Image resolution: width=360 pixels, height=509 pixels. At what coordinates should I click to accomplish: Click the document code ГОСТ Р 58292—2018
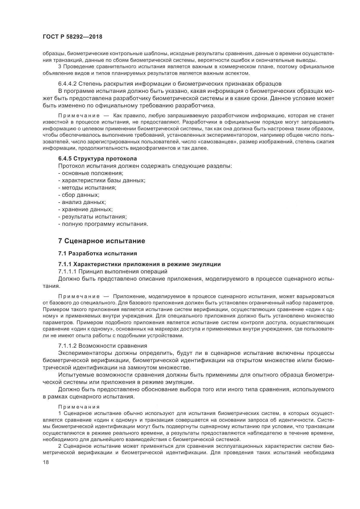point(72,37)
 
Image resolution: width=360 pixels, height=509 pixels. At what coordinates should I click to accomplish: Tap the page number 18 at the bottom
point(46,463)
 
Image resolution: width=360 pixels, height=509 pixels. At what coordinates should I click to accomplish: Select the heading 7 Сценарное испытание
point(102,241)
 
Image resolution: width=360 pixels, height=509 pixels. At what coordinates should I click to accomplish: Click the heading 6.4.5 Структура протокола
point(98,159)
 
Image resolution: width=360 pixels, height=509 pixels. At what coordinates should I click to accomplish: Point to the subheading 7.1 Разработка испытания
point(98,254)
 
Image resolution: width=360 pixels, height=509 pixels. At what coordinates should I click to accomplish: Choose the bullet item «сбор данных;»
point(79,195)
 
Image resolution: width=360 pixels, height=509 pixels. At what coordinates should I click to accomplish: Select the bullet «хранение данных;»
point(85,210)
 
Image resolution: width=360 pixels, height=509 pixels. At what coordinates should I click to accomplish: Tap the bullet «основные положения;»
point(91,173)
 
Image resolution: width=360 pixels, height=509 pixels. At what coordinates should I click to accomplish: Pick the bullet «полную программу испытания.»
point(103,224)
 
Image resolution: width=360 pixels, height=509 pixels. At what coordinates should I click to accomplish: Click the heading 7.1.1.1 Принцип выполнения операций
point(113,272)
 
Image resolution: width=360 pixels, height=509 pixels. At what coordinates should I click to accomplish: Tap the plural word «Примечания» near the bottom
point(79,407)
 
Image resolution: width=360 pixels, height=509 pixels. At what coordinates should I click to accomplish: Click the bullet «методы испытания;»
point(87,188)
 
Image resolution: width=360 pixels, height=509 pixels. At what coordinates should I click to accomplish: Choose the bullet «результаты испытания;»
point(93,217)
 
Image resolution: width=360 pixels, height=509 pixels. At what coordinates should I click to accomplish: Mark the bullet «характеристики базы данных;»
point(102,181)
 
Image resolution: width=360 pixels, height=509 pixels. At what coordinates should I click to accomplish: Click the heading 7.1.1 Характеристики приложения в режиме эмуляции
point(139,264)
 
